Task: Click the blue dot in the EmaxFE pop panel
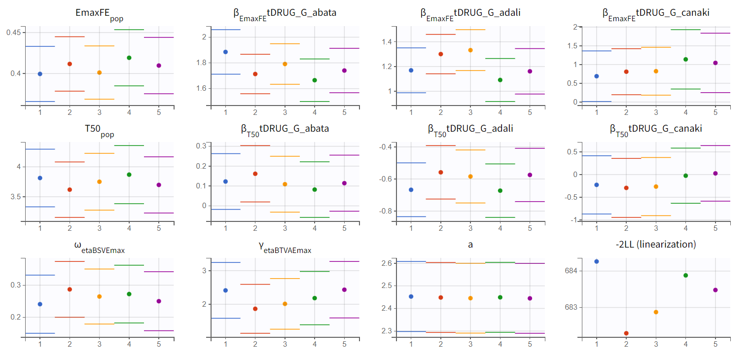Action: [40, 74]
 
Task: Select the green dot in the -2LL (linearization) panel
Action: [685, 275]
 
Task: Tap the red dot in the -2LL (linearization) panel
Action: [626, 333]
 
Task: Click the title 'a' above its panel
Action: [470, 244]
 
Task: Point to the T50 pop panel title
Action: [99, 129]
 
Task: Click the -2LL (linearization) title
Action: [656, 244]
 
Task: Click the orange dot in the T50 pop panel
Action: [99, 181]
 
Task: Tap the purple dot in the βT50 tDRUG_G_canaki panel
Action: [715, 173]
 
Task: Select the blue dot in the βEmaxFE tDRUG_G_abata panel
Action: [225, 52]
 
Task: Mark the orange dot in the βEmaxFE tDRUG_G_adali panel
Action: [470, 50]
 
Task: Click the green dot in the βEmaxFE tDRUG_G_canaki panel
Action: [685, 59]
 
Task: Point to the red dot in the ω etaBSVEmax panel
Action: [70, 289]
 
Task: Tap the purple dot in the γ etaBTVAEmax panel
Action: [344, 289]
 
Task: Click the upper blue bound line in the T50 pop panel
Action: [40, 149]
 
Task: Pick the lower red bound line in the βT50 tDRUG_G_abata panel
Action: [255, 202]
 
